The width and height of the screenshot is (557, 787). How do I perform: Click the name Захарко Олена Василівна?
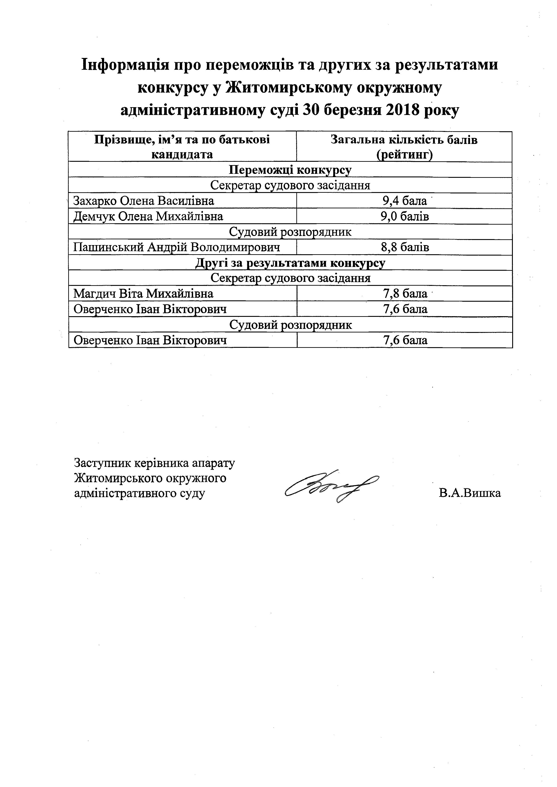click(144, 201)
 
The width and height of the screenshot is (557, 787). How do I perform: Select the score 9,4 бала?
click(405, 201)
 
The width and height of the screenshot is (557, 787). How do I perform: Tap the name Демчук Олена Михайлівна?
click(148, 216)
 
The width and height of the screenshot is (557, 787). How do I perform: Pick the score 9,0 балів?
click(405, 216)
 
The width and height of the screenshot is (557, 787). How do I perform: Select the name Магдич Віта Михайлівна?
click(143, 294)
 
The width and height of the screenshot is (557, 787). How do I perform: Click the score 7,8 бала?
click(405, 294)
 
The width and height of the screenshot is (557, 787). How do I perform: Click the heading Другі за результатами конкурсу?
click(290, 263)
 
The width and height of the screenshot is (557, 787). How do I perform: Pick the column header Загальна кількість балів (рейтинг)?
click(404, 147)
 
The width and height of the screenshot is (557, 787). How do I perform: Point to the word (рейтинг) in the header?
click(404, 155)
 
